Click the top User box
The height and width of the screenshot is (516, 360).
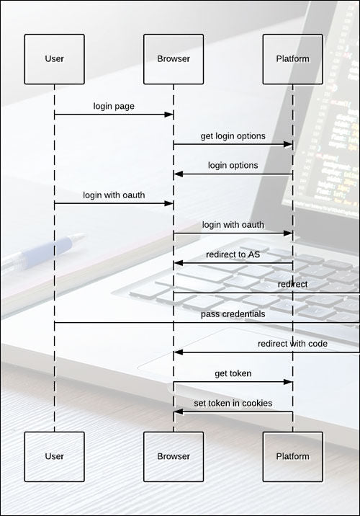[x=54, y=59]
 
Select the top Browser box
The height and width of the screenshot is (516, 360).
[x=174, y=59]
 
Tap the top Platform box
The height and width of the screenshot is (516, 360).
[x=292, y=59]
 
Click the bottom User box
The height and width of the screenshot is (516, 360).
[x=54, y=457]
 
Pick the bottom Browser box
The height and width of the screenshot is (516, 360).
[x=174, y=457]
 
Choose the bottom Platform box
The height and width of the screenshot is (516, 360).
[x=292, y=457]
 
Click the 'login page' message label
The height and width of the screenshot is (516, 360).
[x=114, y=106]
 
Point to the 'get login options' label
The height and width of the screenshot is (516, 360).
[x=233, y=136]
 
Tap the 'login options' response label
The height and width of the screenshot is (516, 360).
[x=233, y=165]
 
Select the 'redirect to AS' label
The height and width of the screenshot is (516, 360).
[x=233, y=254]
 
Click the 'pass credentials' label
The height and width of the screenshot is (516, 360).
[x=233, y=314]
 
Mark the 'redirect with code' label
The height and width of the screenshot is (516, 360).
[x=292, y=344]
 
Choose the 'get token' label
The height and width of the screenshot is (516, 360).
[x=233, y=373]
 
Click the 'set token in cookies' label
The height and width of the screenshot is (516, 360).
[x=233, y=403]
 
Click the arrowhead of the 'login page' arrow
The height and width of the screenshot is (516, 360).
[x=169, y=115]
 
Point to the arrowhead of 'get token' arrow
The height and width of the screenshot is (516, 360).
[x=288, y=382]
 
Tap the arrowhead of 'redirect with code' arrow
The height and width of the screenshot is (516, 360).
[x=178, y=352]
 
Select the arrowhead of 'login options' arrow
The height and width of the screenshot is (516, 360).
[x=178, y=174]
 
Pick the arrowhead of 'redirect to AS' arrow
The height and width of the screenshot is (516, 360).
[x=178, y=263]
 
